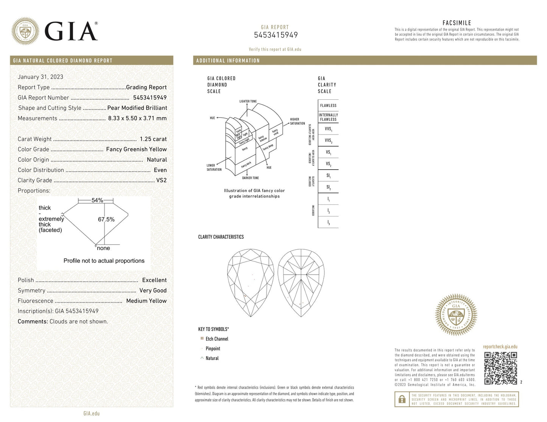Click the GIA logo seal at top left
point(25,31)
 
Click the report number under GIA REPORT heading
point(276,35)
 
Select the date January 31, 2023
point(41,77)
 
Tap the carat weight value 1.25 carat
point(153,139)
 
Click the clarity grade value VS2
point(161,180)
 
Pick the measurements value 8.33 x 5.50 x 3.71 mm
point(137,118)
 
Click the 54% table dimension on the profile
point(97,200)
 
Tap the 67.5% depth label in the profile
point(106,220)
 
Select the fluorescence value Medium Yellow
point(146,301)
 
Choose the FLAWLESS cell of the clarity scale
point(328,105)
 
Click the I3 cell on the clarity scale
point(328,223)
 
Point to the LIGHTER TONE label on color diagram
point(248,101)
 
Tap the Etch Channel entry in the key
point(217,339)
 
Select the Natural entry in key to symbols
point(212,358)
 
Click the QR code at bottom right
point(500,368)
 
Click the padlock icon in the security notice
point(402,399)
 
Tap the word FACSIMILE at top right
point(457,23)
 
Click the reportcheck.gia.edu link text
point(500,347)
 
